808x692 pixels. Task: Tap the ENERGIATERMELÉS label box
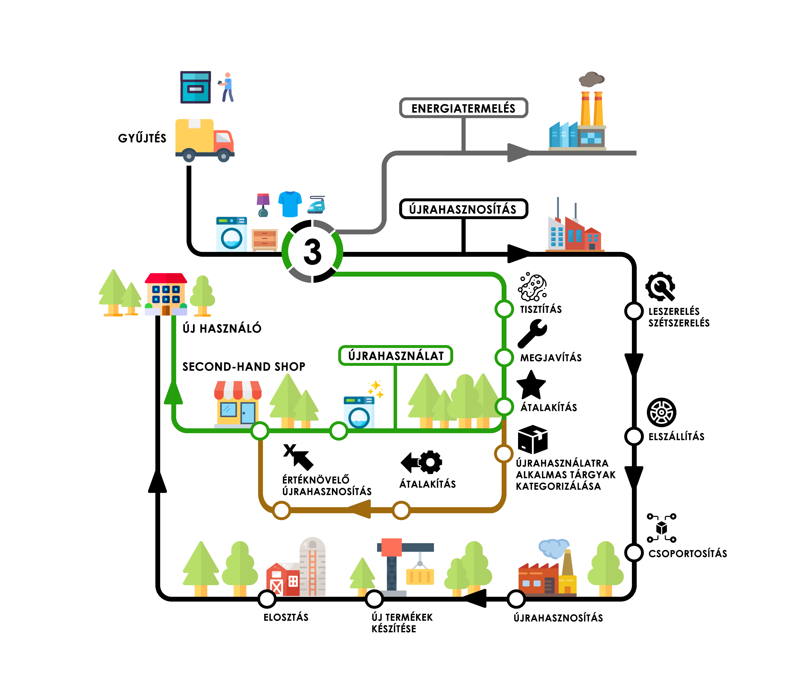click(463, 108)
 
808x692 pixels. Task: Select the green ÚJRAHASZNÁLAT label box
click(395, 355)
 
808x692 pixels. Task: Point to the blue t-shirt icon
click(290, 204)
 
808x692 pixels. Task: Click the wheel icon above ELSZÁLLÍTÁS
click(661, 412)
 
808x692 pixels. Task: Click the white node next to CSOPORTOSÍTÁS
click(634, 552)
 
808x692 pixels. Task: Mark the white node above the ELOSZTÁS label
click(267, 599)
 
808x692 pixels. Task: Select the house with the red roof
click(166, 294)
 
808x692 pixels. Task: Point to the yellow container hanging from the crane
click(420, 576)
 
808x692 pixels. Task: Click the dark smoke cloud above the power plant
click(591, 79)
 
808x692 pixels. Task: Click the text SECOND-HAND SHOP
click(244, 367)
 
